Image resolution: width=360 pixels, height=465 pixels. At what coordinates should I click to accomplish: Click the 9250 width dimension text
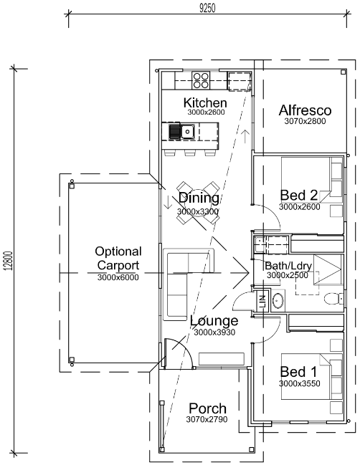click(207, 9)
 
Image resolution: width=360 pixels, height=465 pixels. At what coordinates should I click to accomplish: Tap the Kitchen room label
click(205, 102)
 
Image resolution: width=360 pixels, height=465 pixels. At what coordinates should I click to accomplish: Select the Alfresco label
click(305, 110)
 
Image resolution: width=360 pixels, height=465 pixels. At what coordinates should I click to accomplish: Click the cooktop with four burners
click(201, 80)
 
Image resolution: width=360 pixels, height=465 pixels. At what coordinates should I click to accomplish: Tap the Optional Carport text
click(118, 258)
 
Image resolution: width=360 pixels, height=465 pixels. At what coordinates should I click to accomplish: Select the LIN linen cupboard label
click(262, 302)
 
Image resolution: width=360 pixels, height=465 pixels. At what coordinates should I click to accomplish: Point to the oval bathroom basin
click(278, 301)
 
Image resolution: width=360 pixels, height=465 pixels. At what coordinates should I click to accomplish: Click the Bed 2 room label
click(298, 195)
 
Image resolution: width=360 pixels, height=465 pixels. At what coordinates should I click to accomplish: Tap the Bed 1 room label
click(298, 372)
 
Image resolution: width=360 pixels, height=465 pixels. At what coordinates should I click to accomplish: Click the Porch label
click(207, 408)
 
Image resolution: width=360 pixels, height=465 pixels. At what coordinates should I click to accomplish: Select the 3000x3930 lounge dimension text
click(214, 332)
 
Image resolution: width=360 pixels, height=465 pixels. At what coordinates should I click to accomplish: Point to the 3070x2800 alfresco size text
click(305, 121)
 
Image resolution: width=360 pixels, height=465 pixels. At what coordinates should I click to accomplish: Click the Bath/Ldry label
click(288, 266)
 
